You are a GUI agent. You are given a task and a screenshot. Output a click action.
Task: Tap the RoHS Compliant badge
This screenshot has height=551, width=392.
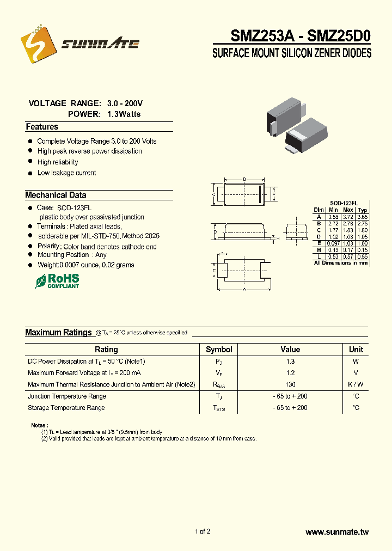click(57, 281)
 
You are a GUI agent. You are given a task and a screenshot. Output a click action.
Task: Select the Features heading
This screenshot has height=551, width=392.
click(42, 127)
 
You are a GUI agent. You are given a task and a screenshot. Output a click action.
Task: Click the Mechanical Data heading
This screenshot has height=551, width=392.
click(56, 195)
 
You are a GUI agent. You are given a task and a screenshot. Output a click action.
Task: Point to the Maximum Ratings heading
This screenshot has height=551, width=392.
click(58, 332)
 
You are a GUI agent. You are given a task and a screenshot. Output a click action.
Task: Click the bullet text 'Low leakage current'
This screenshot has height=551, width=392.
click(66, 173)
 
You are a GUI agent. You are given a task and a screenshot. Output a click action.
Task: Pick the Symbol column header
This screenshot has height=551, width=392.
click(219, 350)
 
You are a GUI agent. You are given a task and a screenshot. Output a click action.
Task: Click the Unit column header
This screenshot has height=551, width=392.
click(356, 350)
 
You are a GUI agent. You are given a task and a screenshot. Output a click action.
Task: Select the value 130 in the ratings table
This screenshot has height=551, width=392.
click(290, 384)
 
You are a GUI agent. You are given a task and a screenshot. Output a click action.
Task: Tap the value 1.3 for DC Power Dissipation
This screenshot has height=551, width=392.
click(290, 362)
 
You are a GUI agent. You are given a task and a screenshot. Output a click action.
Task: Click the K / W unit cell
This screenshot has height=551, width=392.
click(356, 384)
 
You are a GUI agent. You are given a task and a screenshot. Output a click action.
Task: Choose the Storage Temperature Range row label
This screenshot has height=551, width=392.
click(66, 408)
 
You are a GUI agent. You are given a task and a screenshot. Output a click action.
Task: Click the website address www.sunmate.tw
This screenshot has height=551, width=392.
click(337, 532)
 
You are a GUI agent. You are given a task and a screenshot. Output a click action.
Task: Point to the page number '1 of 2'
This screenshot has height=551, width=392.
click(202, 532)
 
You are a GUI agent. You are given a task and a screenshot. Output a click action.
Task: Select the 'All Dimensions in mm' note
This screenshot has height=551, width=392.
click(341, 263)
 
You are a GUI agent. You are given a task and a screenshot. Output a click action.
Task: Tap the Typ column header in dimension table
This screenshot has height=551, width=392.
click(363, 210)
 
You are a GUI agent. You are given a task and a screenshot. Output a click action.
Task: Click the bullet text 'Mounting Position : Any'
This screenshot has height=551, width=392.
click(72, 255)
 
